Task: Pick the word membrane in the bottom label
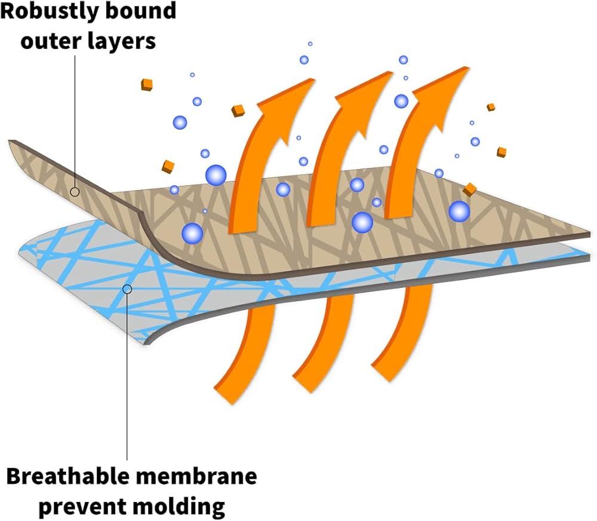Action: (x=195, y=476)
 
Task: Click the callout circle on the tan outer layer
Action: (x=75, y=192)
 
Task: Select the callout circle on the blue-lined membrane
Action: (x=127, y=289)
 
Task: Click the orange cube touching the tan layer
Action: (x=470, y=189)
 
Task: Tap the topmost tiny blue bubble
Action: (x=310, y=44)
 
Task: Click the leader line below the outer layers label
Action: (x=75, y=121)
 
